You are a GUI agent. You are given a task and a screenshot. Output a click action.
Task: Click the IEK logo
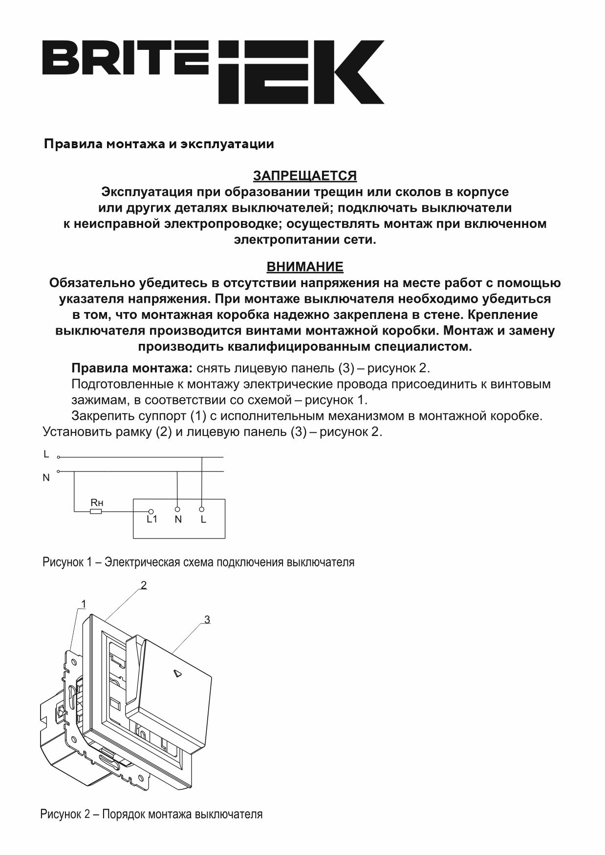click(x=301, y=72)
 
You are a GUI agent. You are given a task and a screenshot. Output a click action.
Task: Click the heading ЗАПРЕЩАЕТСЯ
click(x=304, y=176)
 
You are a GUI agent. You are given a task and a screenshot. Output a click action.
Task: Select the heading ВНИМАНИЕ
click(x=304, y=267)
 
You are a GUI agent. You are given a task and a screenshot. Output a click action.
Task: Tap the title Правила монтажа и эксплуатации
click(x=159, y=144)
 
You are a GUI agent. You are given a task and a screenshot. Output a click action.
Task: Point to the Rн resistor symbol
click(x=96, y=512)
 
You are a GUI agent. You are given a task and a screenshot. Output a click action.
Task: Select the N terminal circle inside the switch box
click(x=177, y=509)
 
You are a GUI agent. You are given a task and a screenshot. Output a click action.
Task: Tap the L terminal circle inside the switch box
click(x=201, y=509)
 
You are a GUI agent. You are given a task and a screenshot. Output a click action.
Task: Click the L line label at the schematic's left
click(x=46, y=454)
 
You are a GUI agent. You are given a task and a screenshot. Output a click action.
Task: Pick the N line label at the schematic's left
click(x=46, y=478)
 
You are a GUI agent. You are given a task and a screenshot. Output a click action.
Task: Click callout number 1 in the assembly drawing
click(x=84, y=605)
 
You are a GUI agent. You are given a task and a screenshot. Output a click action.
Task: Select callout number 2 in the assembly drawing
click(x=144, y=585)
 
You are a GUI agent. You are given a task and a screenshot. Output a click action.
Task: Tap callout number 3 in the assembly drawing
click(x=207, y=620)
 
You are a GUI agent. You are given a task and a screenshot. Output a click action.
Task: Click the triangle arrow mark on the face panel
click(x=178, y=674)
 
